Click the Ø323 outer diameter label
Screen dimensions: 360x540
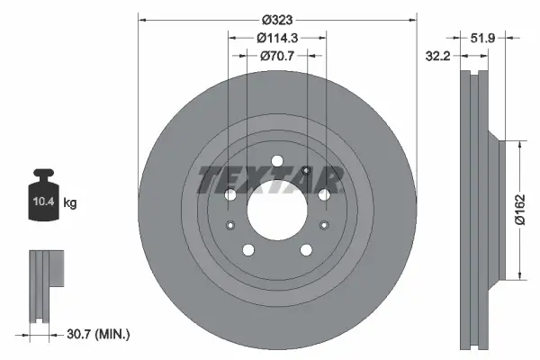(277, 18)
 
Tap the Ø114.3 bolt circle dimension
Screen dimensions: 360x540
(277, 38)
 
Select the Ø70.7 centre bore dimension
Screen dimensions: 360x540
(277, 57)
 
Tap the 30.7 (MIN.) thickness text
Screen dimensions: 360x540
(99, 334)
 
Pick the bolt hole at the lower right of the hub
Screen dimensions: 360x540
(305, 255)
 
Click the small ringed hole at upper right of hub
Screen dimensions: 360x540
(307, 172)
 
